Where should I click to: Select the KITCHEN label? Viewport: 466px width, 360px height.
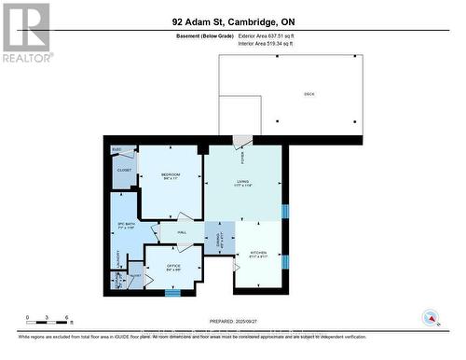click(x=258, y=254)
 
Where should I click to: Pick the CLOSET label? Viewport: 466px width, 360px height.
click(x=125, y=171)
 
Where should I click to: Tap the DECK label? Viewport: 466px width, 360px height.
click(x=309, y=94)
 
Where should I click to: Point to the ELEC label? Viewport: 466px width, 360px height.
click(x=117, y=149)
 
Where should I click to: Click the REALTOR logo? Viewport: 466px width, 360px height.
click(x=26, y=32)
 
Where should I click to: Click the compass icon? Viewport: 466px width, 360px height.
click(x=431, y=317)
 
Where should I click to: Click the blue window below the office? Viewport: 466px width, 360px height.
click(x=172, y=293)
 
